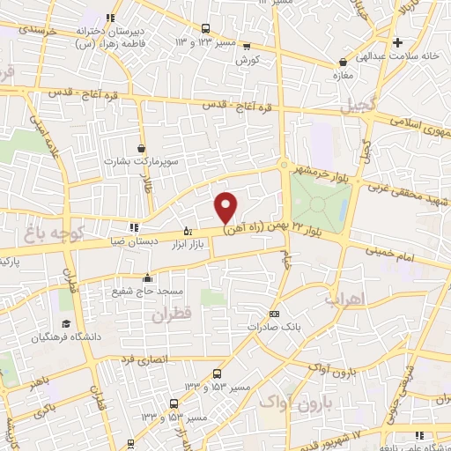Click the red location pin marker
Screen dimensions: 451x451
[226, 206]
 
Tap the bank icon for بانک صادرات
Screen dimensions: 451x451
[274, 314]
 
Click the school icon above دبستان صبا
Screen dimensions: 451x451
[133, 226]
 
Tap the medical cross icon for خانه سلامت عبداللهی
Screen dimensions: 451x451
[398, 42]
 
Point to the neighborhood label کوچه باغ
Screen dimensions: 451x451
[53, 234]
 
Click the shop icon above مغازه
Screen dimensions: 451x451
[344, 63]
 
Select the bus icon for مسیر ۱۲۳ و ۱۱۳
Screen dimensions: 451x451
[204, 29]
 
